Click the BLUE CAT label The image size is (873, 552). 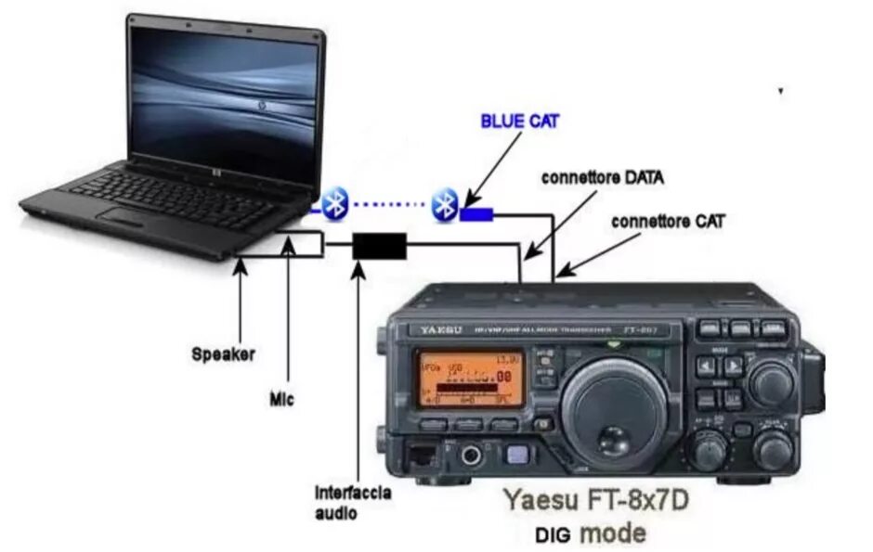(x=519, y=122)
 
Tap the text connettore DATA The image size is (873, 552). (x=602, y=176)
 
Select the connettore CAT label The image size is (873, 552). (x=668, y=222)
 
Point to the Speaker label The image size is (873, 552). (x=223, y=353)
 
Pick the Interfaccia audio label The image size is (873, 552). (x=353, y=502)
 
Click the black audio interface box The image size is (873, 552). (x=380, y=246)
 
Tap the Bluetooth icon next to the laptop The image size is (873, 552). (x=334, y=201)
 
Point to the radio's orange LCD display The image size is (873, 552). (x=469, y=379)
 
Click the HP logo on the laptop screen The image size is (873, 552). (x=264, y=106)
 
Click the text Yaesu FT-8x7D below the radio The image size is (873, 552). (x=595, y=500)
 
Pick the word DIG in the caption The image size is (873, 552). (x=555, y=535)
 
